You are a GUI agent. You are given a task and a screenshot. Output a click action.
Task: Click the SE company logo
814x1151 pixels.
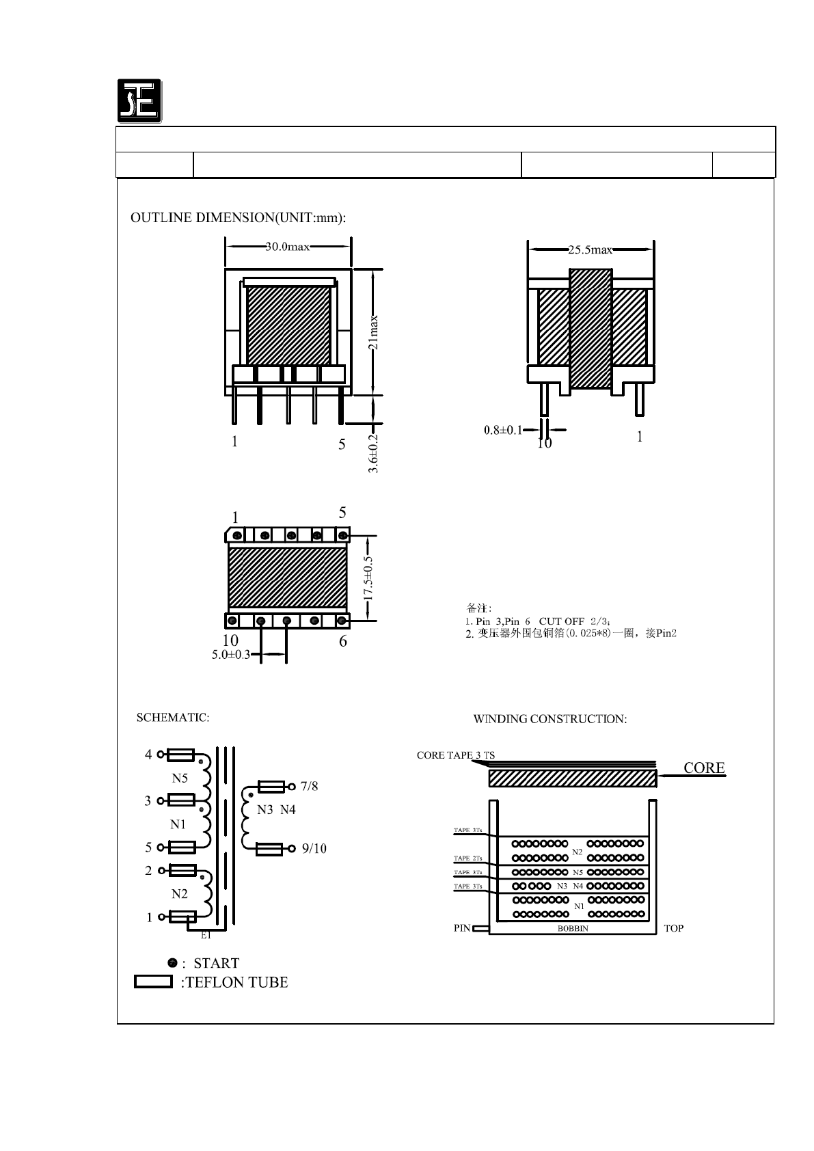(x=139, y=101)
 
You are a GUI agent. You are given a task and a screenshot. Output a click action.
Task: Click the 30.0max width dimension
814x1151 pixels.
(x=288, y=247)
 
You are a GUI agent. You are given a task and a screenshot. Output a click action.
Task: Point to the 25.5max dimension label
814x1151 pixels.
(x=590, y=250)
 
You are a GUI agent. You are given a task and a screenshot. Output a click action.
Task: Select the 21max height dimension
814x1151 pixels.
(x=374, y=332)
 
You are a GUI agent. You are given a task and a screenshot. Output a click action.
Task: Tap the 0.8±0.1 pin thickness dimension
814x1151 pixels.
(x=502, y=431)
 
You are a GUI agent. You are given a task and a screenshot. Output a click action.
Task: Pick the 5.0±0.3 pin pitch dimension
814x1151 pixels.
(x=231, y=655)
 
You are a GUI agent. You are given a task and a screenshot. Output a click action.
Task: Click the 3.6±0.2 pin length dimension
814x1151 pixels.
(x=374, y=452)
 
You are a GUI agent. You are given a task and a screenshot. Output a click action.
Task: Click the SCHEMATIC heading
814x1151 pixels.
(x=173, y=718)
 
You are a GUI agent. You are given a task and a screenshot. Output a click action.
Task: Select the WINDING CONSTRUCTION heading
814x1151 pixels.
(x=550, y=719)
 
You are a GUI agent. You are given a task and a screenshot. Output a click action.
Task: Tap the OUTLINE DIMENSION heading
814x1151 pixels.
(x=239, y=218)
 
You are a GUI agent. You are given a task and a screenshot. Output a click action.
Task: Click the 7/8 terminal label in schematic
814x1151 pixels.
(x=309, y=787)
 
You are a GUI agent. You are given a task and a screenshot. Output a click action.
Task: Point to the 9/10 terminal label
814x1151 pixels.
(x=314, y=849)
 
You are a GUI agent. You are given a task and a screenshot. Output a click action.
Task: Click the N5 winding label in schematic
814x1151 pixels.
(x=179, y=778)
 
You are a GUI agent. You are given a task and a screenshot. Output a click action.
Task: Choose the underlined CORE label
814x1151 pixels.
(x=704, y=768)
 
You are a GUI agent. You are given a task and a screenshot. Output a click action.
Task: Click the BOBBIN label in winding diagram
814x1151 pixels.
(x=573, y=929)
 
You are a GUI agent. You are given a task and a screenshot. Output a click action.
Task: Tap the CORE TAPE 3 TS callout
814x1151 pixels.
(x=456, y=755)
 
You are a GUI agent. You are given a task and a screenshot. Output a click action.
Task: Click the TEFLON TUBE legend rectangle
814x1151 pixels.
(x=153, y=982)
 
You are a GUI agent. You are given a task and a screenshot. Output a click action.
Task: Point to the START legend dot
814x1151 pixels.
(x=173, y=962)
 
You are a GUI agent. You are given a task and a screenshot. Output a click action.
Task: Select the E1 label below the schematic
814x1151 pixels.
(x=205, y=935)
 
